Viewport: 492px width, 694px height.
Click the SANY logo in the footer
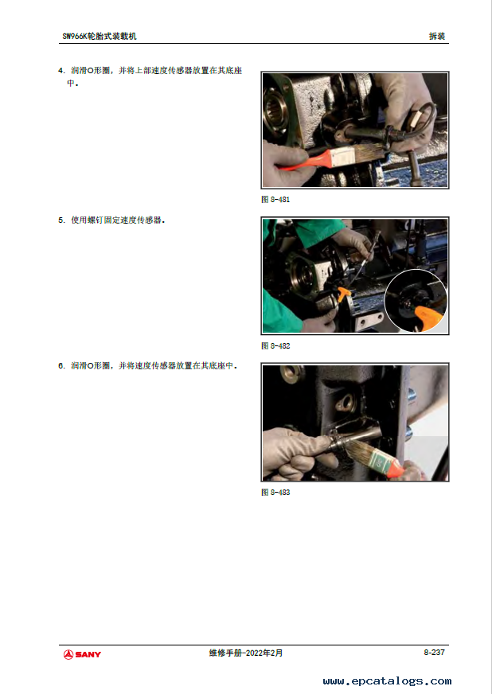(x=82, y=654)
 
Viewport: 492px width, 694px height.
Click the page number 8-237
(x=434, y=653)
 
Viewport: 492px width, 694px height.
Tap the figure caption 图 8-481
(x=275, y=200)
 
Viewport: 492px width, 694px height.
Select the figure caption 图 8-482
(x=275, y=345)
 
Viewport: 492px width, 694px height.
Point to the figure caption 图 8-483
(x=275, y=492)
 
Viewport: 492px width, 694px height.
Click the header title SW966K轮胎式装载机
(x=100, y=37)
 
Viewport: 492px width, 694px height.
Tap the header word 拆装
(x=436, y=37)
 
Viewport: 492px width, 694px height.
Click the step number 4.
(x=61, y=70)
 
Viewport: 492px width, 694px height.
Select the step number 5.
(x=61, y=220)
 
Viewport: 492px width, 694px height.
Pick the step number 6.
(x=61, y=365)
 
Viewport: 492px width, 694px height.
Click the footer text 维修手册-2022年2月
(x=246, y=653)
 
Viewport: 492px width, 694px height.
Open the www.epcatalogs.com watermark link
(x=387, y=680)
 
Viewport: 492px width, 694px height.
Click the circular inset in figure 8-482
(x=416, y=301)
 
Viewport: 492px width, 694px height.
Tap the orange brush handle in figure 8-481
(x=306, y=160)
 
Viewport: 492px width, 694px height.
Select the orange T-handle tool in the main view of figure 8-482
(x=344, y=294)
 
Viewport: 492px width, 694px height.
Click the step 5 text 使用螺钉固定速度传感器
(x=118, y=220)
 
